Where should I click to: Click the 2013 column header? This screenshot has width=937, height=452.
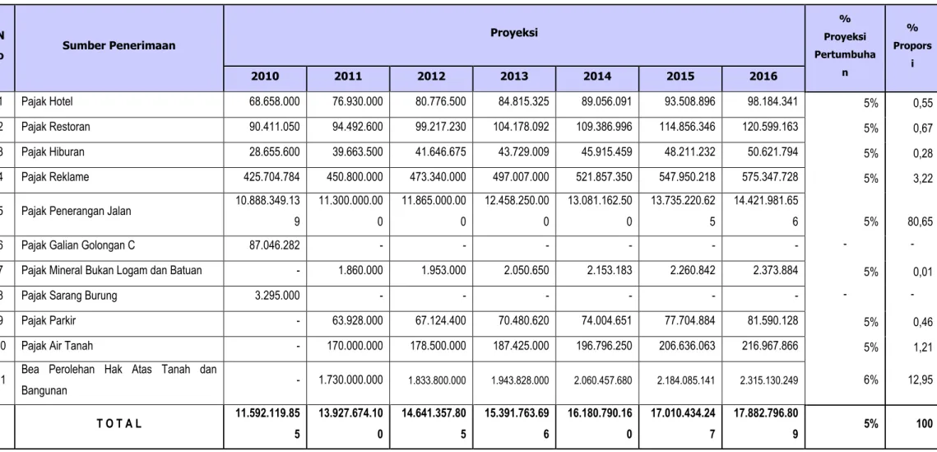514,77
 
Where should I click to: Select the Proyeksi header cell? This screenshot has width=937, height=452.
514,32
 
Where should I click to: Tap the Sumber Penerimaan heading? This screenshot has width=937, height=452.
119,44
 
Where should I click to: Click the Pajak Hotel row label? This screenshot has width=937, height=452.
47,102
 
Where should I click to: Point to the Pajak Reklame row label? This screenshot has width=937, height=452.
52,177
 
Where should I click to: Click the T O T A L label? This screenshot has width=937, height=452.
119,424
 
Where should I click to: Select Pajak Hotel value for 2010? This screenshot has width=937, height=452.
274,101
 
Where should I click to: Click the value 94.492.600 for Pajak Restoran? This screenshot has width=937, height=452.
357,127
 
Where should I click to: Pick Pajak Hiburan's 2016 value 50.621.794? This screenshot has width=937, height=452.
772,151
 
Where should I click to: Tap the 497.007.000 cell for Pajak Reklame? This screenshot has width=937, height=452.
520,177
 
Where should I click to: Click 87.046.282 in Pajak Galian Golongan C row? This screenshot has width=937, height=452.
274,245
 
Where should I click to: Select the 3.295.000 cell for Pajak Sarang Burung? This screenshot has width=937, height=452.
277,296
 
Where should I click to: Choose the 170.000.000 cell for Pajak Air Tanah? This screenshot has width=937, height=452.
355,346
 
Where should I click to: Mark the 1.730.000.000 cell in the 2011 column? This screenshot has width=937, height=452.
351,379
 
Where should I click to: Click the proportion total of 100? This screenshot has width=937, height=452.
925,424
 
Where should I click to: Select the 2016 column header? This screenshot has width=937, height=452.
763,77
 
